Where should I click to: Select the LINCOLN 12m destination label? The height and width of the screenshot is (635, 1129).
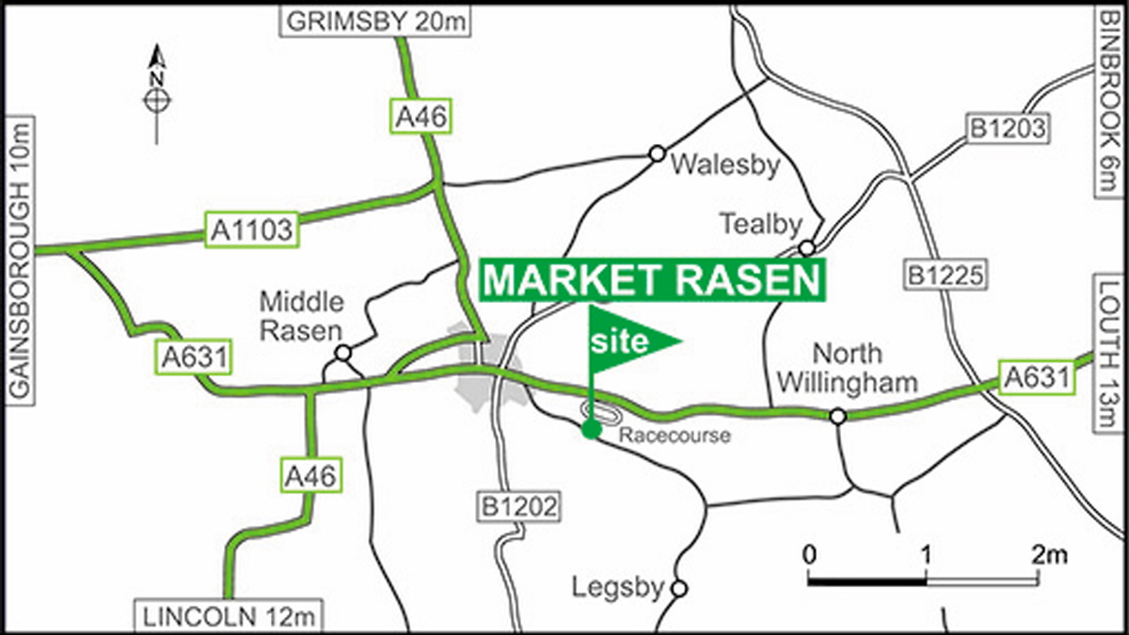[230, 617]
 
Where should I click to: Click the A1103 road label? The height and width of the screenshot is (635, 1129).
[251, 230]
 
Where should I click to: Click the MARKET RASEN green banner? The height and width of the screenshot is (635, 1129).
[653, 281]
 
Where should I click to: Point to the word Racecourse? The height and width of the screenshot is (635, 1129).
[675, 436]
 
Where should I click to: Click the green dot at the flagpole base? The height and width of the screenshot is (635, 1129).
[591, 430]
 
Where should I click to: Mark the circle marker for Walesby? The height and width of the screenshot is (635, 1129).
[657, 153]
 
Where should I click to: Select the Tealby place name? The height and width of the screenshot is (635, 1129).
[760, 224]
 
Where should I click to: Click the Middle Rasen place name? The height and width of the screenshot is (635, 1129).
[302, 316]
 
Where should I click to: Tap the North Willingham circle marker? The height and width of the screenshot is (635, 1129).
[837, 416]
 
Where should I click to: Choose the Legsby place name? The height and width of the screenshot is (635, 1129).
[618, 587]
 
